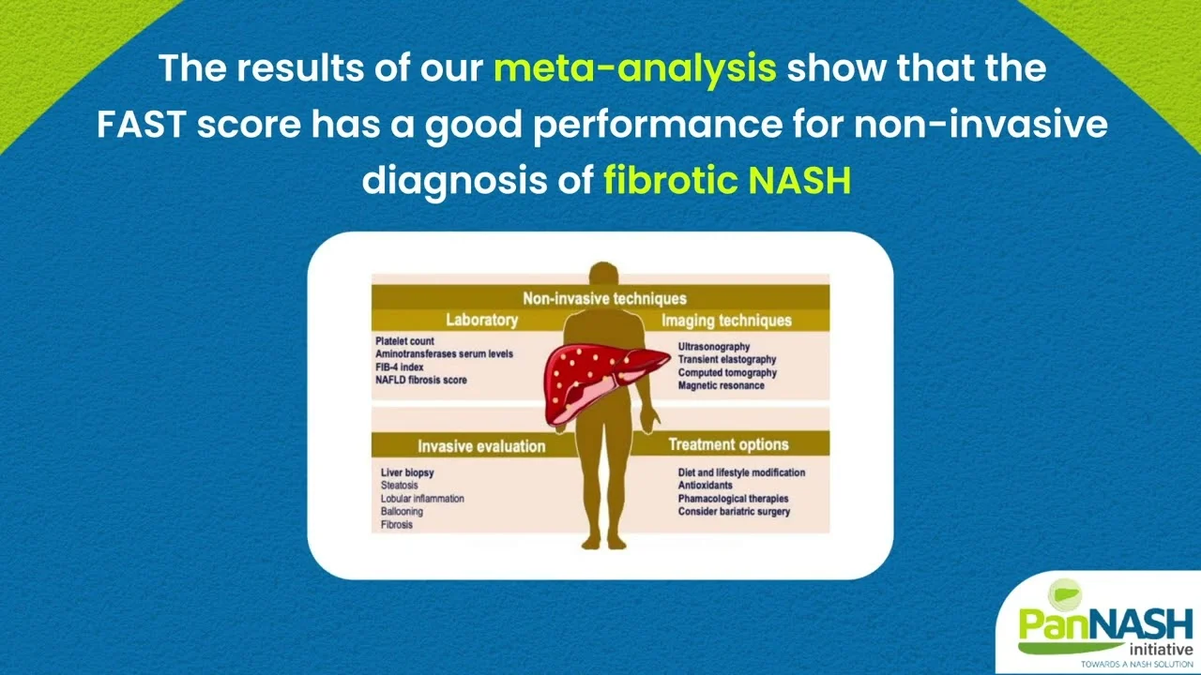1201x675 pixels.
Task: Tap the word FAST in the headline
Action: (142, 125)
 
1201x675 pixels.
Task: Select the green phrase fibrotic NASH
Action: (727, 180)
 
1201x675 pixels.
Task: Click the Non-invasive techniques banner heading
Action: (604, 298)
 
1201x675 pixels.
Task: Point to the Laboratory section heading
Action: (481, 321)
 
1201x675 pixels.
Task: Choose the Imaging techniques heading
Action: (726, 321)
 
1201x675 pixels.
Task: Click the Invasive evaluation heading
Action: (481, 446)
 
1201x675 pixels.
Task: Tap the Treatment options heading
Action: (728, 444)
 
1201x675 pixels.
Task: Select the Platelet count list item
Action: (404, 341)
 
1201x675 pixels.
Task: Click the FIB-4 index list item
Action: (399, 367)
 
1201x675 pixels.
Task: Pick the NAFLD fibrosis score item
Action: (421, 380)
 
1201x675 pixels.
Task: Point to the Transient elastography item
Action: (726, 359)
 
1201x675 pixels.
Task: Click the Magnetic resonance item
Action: (721, 385)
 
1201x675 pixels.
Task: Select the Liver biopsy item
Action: (407, 472)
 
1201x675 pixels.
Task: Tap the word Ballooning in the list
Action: (402, 512)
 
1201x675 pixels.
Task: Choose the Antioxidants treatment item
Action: (705, 486)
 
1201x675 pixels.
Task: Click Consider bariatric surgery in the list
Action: (734, 512)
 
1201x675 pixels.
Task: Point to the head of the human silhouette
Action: (603, 275)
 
